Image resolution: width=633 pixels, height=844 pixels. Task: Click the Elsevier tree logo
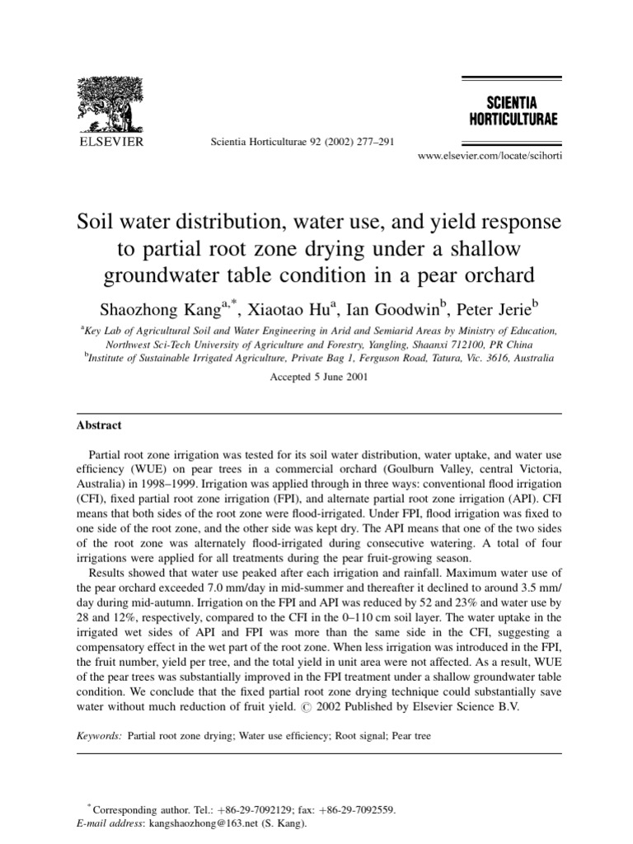click(110, 105)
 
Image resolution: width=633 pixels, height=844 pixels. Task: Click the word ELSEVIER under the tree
click(110, 141)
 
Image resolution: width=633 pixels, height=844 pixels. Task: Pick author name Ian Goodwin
click(387, 310)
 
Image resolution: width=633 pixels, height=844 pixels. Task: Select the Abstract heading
click(99, 425)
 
